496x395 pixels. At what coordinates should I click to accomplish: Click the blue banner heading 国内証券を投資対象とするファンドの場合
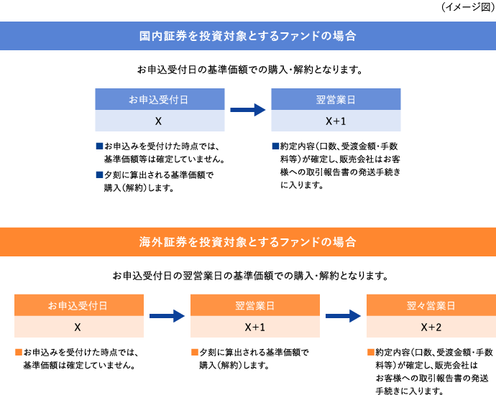coord(247,35)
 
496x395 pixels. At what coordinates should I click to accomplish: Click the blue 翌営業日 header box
coord(336,99)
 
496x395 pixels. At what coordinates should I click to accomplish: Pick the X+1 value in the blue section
coord(336,120)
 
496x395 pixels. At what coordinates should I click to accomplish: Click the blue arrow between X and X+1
coord(247,110)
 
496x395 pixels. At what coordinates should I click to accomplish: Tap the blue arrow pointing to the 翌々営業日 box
coord(342,316)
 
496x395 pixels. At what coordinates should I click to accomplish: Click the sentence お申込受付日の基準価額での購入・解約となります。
coord(247,70)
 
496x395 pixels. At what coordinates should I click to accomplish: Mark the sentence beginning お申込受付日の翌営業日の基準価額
coord(247,275)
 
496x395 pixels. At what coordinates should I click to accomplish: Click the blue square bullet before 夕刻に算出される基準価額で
coord(99,175)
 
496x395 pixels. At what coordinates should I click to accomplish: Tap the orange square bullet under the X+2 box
coord(370,353)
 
